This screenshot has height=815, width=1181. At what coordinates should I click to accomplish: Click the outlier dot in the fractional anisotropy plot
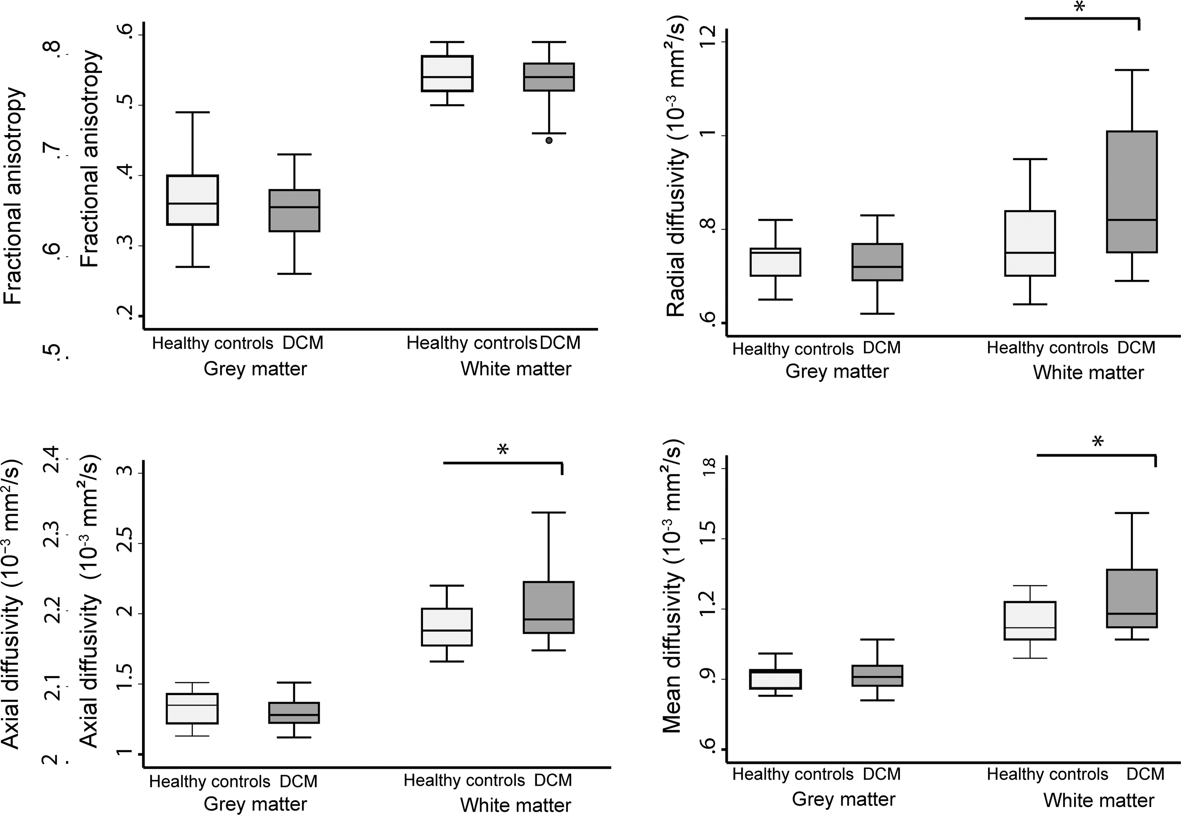coord(549,140)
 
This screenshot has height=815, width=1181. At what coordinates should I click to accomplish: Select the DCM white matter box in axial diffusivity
coord(549,607)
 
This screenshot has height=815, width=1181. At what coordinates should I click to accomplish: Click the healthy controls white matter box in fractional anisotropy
coord(447,73)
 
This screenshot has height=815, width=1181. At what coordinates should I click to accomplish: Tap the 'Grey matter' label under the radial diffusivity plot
coord(837,371)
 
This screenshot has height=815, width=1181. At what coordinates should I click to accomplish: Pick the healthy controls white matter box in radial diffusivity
coord(1030,243)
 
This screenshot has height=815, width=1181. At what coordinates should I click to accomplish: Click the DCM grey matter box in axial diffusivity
coord(294,712)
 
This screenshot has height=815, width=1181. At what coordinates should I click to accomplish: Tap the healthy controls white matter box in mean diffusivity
coord(1030,620)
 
